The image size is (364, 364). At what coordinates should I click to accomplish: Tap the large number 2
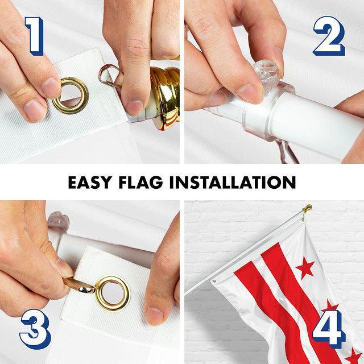coord(329,36)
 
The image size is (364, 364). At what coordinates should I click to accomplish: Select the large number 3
coord(35,329)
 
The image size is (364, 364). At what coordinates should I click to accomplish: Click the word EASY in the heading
coord(89,182)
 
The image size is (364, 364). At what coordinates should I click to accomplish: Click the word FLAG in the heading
coord(141,182)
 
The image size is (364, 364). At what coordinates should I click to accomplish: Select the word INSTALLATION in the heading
coord(233,182)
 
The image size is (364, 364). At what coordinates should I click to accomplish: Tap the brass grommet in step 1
coord(71,96)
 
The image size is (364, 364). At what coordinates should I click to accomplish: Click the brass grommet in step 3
coord(113,293)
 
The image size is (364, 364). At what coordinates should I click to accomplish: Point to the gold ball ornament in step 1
coord(166,97)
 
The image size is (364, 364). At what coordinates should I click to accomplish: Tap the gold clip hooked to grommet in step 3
coord(79,286)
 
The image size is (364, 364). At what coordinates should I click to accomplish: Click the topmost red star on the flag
coord(305,267)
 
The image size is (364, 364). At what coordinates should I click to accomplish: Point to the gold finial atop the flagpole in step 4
coord(307,208)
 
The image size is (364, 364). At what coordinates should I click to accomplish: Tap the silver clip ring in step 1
coord(109,75)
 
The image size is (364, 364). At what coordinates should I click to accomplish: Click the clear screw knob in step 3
coord(58,220)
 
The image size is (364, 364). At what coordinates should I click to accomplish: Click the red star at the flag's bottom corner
coord(353,355)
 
